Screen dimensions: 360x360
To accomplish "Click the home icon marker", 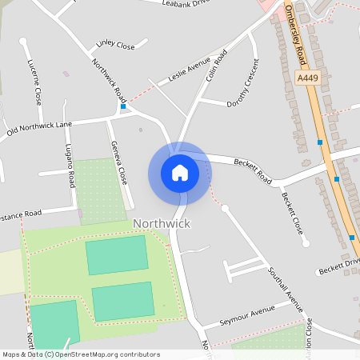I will click(x=179, y=172).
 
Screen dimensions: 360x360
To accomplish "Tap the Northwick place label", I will click(x=162, y=223).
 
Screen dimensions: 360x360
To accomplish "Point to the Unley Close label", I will click(x=114, y=45).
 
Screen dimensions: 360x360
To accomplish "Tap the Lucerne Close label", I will click(x=34, y=82).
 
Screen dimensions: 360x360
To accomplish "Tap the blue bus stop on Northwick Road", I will click(x=123, y=106).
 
